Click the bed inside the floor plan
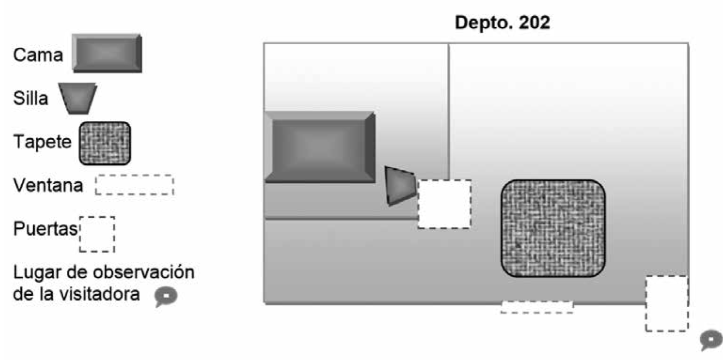tap(319, 147)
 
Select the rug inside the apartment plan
tap(553, 228)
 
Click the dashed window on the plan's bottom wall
tap(537, 307)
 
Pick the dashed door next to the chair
tap(444, 204)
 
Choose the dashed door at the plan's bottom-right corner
tap(666, 303)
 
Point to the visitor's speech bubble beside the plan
tap(710, 339)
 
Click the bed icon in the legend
tap(107, 53)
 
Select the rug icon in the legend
tap(105, 143)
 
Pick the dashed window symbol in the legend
tap(134, 185)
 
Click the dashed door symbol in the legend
tap(97, 234)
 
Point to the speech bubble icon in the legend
tap(165, 296)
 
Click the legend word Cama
tap(38, 54)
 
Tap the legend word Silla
tap(31, 99)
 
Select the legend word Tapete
tap(42, 142)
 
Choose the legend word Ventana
tap(48, 186)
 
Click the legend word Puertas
tap(45, 229)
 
